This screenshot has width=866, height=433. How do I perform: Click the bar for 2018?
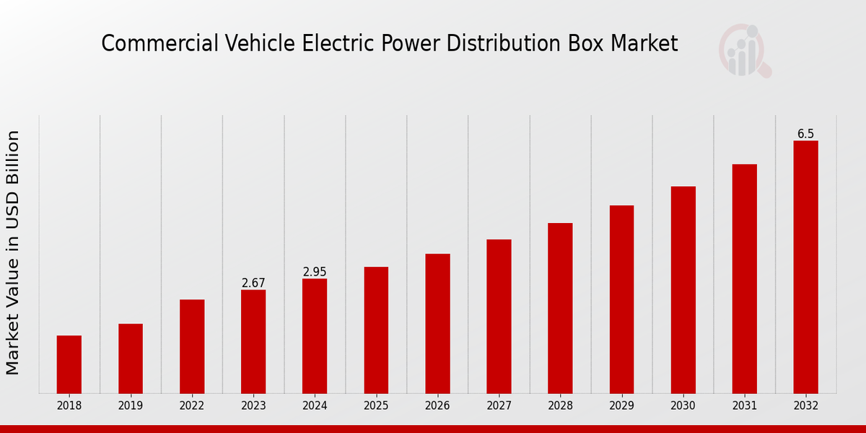pyautogui.click(x=69, y=364)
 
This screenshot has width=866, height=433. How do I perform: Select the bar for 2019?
pyautogui.click(x=131, y=359)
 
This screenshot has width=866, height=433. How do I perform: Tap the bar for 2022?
pyautogui.click(x=192, y=346)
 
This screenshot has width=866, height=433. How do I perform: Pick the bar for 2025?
pyautogui.click(x=376, y=330)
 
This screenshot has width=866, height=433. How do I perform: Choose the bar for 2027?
pyautogui.click(x=499, y=316)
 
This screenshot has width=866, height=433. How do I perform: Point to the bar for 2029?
pyautogui.click(x=621, y=299)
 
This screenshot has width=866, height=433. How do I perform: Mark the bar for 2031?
pyautogui.click(x=744, y=279)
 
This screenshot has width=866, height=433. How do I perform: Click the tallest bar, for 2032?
pyautogui.click(x=805, y=267)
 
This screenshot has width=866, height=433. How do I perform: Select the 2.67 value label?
pyautogui.click(x=253, y=283)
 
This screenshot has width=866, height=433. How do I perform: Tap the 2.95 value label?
pyautogui.click(x=315, y=272)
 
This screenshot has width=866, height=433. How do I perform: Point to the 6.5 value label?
pyautogui.click(x=805, y=134)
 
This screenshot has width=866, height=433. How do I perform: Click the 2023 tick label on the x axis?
pyautogui.click(x=253, y=406)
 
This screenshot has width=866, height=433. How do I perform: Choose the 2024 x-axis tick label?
pyautogui.click(x=315, y=406)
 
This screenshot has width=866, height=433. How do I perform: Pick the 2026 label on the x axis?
pyautogui.click(x=437, y=406)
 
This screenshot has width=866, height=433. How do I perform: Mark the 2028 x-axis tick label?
pyautogui.click(x=560, y=406)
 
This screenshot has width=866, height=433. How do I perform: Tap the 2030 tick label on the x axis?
pyautogui.click(x=683, y=406)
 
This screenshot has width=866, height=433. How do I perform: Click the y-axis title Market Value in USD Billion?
pyautogui.click(x=13, y=253)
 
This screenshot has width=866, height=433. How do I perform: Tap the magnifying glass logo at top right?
pyautogui.click(x=745, y=51)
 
